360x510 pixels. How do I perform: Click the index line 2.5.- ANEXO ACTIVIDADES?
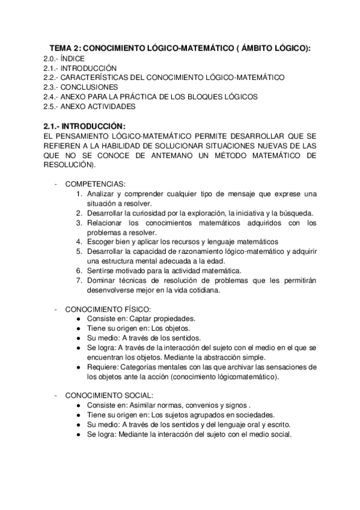pyautogui.click(x=90, y=106)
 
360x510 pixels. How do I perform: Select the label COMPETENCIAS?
pyautogui.click(x=95, y=184)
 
